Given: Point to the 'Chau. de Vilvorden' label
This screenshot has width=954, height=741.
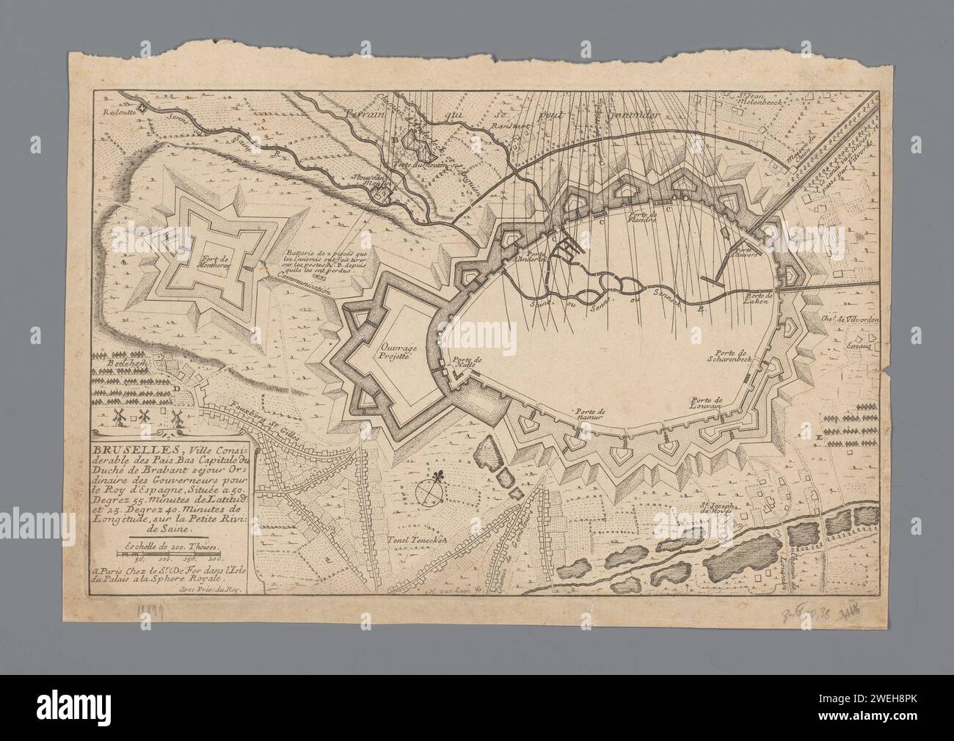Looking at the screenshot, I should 855,318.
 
